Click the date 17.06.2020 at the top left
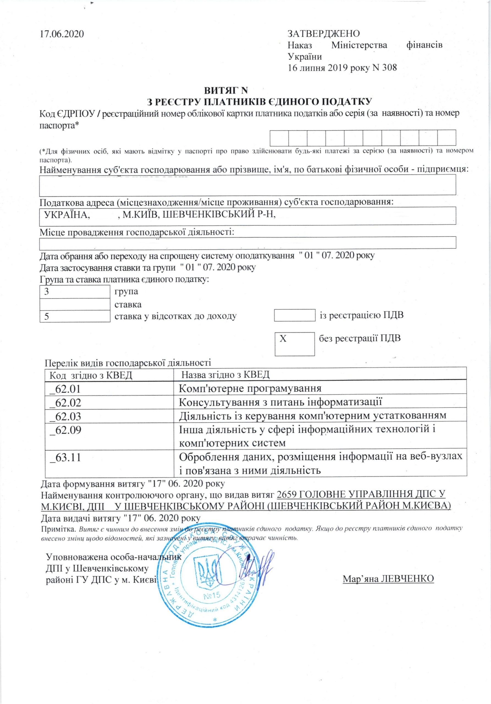(x=62, y=34)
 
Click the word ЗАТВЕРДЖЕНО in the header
(x=324, y=34)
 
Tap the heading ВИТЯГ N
(x=226, y=91)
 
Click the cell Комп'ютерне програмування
(x=250, y=389)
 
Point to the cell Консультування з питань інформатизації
(x=280, y=402)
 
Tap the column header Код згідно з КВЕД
(x=91, y=375)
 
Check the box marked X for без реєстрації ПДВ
(x=294, y=344)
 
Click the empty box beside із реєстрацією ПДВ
(x=294, y=315)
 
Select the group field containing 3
(x=75, y=291)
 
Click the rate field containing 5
(x=75, y=317)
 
